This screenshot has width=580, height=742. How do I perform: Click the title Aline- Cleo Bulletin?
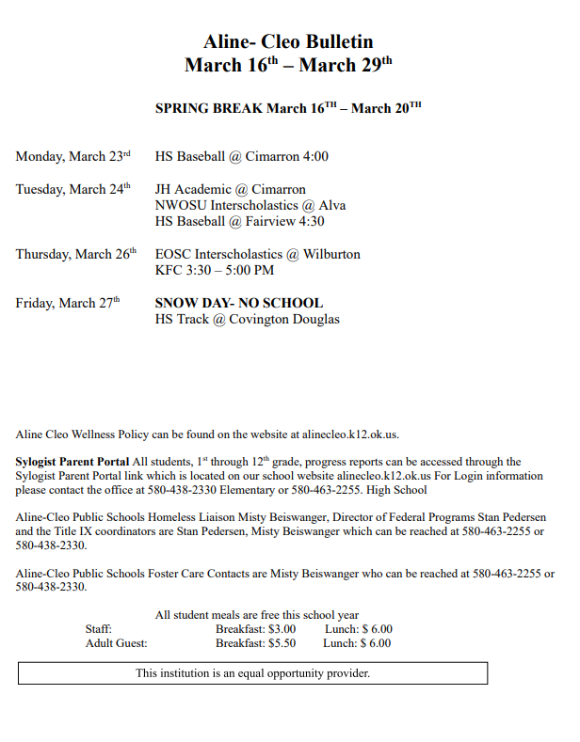(x=288, y=41)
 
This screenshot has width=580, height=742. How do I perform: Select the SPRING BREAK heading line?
(x=288, y=108)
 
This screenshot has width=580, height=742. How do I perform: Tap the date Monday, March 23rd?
(x=73, y=157)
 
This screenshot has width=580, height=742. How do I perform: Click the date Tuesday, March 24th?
(x=73, y=189)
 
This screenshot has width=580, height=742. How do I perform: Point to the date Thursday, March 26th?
(x=76, y=254)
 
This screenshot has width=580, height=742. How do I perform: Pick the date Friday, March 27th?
(x=68, y=303)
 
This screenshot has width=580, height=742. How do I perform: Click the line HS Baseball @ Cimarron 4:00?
(x=242, y=157)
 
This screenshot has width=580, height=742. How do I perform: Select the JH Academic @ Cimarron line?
(x=230, y=189)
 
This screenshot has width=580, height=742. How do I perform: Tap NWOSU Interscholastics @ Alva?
(x=250, y=205)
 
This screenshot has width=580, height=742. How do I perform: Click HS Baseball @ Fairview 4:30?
(x=239, y=221)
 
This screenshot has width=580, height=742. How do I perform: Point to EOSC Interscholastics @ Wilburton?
(x=257, y=254)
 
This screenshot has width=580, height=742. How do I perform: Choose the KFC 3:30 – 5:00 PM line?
(x=215, y=270)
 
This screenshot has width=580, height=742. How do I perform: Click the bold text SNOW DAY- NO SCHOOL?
(x=238, y=303)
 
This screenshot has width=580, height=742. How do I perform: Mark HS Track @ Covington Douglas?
(x=247, y=319)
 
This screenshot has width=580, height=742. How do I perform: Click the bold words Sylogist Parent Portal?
(x=72, y=462)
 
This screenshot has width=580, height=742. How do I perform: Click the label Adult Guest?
(x=116, y=643)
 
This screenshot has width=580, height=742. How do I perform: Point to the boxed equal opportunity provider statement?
(x=252, y=673)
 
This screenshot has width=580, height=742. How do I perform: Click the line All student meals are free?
(x=256, y=615)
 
